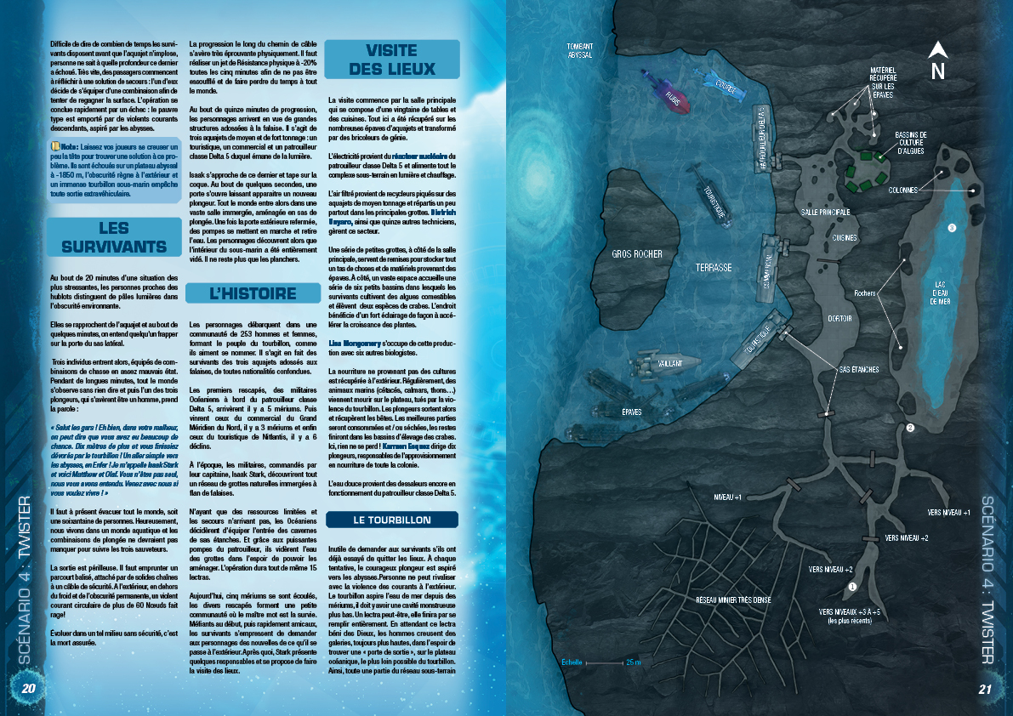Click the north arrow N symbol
point(937,61)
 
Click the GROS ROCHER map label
point(636,254)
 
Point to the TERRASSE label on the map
point(713,267)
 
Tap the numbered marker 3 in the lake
point(952,228)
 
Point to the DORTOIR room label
point(839,319)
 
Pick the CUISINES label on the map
point(845,238)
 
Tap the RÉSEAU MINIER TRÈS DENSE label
point(733,600)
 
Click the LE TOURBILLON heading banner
point(391,520)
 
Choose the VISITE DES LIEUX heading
point(391,60)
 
